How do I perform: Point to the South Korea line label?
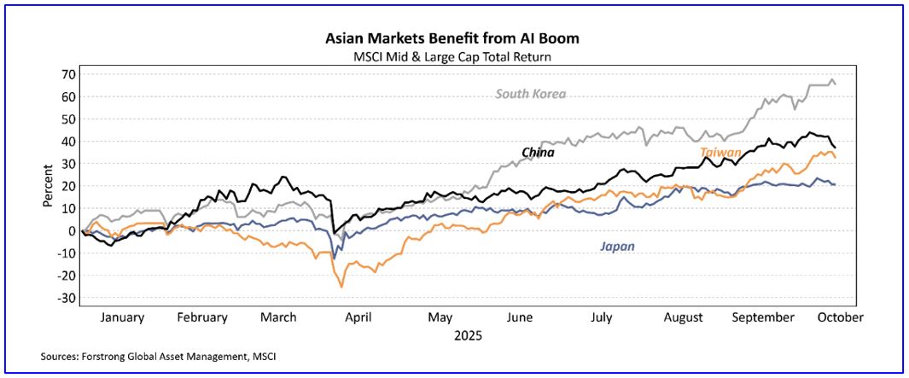531,94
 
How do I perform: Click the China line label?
538,153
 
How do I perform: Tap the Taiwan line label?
720,153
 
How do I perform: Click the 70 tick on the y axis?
65,74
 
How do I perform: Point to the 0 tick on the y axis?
69,230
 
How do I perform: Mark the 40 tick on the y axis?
65,142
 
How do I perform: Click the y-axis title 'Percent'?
49,186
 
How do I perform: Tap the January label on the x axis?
122,317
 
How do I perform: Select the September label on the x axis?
763,317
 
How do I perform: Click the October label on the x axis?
840,317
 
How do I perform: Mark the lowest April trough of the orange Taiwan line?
342,287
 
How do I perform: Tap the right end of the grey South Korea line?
835,84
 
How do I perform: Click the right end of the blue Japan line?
835,184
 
